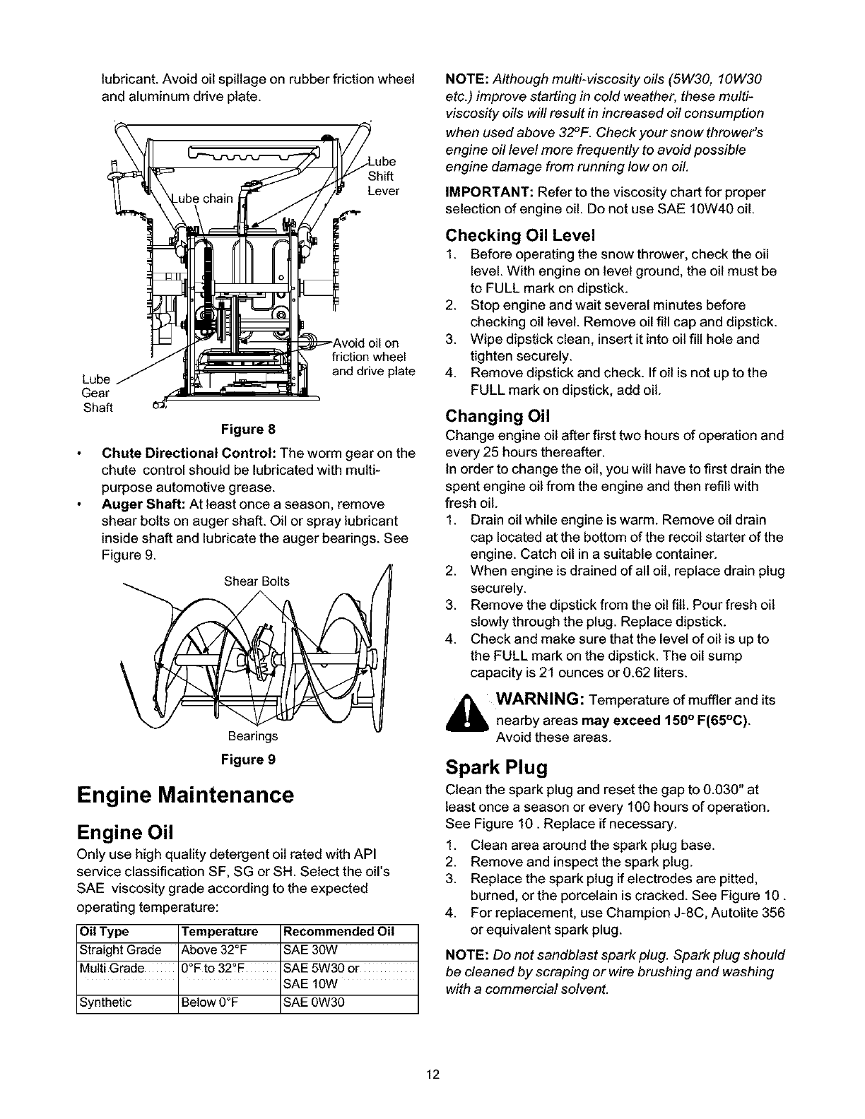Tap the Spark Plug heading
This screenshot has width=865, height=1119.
(497, 766)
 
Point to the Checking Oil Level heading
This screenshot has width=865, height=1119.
(520, 235)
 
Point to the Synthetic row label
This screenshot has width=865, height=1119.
(106, 1002)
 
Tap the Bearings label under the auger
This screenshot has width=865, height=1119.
(252, 736)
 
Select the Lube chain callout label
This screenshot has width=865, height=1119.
(204, 199)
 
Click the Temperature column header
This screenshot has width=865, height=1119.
(220, 931)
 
